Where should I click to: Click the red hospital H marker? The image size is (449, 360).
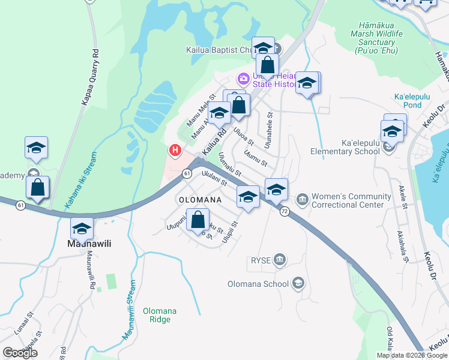(175, 150)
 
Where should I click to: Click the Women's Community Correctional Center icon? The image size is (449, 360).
(302, 197)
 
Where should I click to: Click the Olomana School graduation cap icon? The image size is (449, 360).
(298, 284)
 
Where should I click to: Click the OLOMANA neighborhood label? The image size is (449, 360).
(199, 199)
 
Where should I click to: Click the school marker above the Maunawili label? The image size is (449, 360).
(82, 228)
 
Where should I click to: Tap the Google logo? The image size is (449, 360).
(20, 352)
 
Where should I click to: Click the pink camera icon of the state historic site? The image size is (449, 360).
(244, 78)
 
